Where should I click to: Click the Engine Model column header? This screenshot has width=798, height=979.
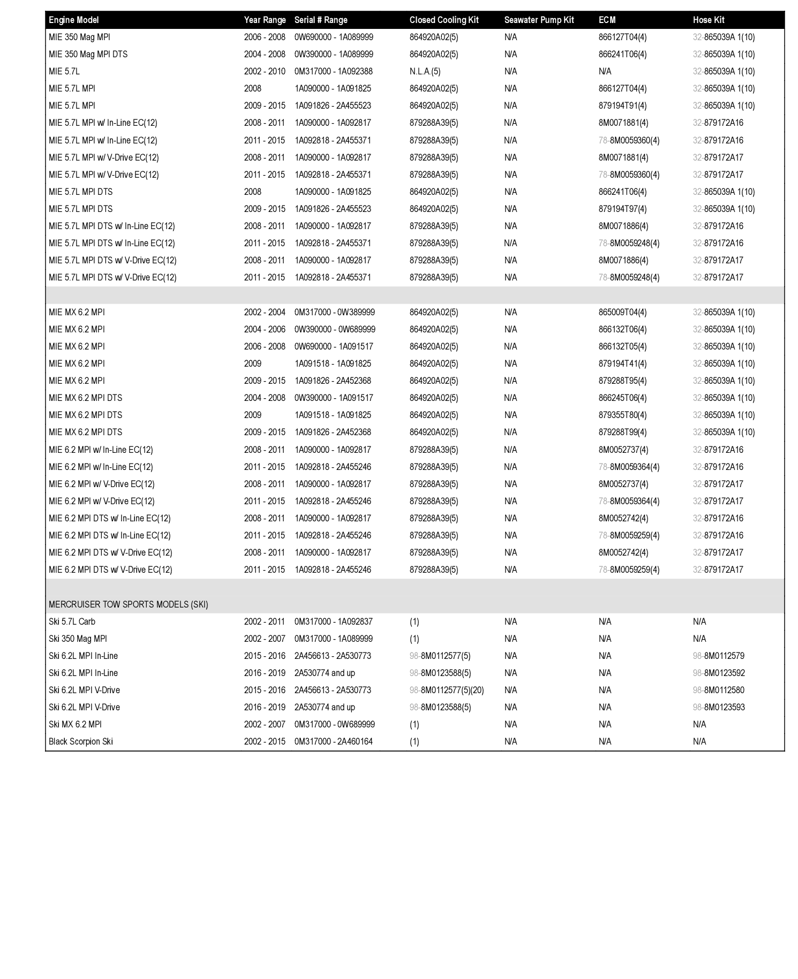point(74,20)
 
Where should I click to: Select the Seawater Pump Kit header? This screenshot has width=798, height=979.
point(539,20)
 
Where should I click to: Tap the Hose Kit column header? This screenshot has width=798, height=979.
point(709,20)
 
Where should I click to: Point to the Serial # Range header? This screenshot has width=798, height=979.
point(321,20)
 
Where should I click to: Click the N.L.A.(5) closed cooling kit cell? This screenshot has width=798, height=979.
point(425,71)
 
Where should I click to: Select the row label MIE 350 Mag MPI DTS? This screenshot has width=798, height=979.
point(88,54)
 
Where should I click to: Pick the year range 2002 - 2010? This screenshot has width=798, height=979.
point(265,71)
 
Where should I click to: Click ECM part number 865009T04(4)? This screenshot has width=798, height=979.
point(622,312)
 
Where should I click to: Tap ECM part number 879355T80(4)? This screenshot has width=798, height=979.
point(622,415)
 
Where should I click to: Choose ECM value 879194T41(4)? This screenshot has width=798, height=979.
point(622,363)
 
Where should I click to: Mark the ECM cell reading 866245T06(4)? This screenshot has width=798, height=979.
point(622,398)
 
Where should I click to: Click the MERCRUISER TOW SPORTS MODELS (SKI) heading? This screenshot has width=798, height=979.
point(129,604)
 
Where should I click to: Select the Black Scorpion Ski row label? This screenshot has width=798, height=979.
point(81,741)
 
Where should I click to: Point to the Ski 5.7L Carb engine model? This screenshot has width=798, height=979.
point(72,621)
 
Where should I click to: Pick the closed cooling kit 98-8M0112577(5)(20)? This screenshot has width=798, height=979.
point(447,690)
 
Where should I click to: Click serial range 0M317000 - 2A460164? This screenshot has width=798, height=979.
point(334,741)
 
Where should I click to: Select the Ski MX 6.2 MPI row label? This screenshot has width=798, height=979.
point(75,724)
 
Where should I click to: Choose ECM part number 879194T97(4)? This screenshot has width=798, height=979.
point(622,209)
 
